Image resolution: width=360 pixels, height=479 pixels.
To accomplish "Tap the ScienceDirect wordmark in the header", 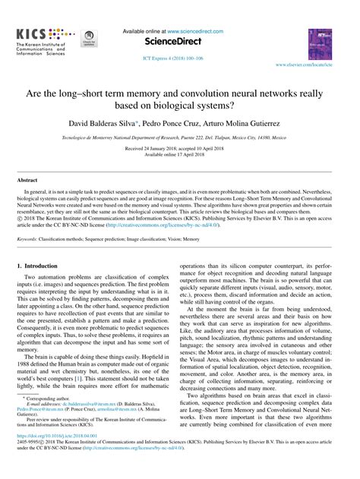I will coord(179,42).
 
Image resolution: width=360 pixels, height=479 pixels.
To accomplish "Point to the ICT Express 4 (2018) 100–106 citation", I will coord(179,58).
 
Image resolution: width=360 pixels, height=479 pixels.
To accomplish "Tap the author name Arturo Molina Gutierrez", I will coord(249,122).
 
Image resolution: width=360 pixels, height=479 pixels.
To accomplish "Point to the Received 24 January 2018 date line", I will coord(180,149).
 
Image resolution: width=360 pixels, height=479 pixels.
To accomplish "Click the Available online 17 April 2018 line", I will coord(180,155).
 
